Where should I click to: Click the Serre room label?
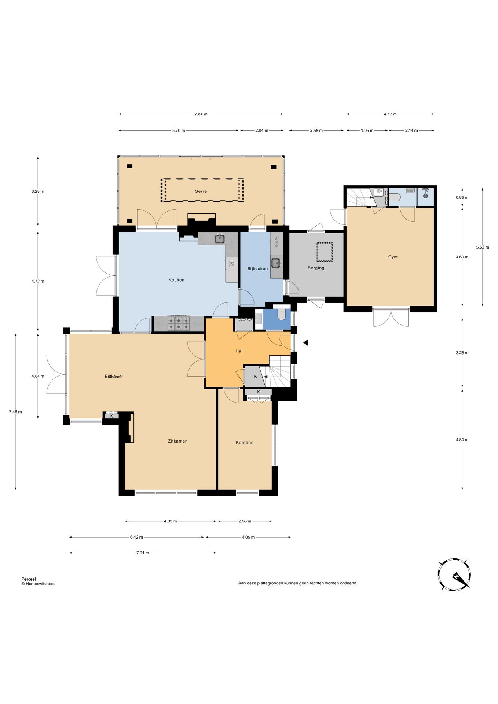click(x=201, y=191)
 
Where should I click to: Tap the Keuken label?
click(x=176, y=280)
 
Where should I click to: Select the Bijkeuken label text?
click(x=257, y=269)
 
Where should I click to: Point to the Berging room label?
click(x=316, y=268)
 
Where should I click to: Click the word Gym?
click(x=393, y=257)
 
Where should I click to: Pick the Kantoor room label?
click(x=244, y=443)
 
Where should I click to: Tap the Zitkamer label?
click(x=177, y=441)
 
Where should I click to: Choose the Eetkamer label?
click(x=114, y=377)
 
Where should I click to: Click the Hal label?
click(x=239, y=351)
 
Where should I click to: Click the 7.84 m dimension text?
click(x=201, y=114)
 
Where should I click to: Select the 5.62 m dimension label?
click(x=482, y=247)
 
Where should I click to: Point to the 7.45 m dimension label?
click(x=15, y=412)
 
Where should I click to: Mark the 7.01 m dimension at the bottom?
click(x=142, y=553)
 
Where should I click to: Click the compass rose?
click(x=454, y=575)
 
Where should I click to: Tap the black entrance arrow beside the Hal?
click(x=305, y=342)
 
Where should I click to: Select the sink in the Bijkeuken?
click(x=276, y=263)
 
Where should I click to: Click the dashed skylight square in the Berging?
click(x=325, y=252)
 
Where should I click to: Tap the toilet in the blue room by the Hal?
click(x=282, y=314)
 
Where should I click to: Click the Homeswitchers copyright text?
click(x=38, y=584)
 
